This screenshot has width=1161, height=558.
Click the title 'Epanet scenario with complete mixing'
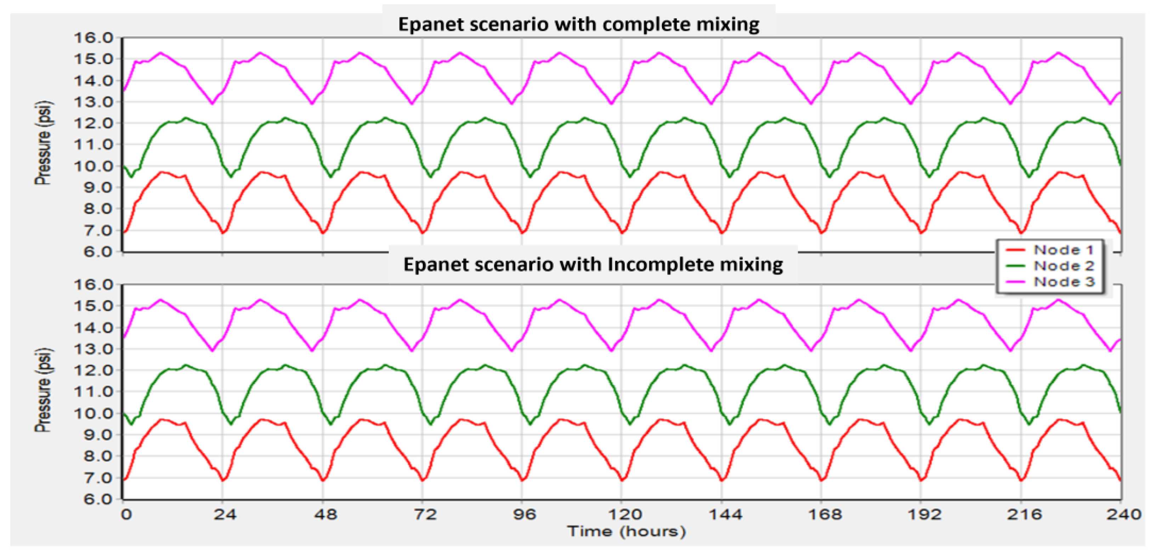point(579,24)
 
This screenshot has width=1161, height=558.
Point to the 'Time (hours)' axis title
point(627,531)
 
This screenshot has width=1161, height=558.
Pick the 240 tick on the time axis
point(1123,514)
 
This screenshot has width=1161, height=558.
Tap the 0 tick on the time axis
point(126,514)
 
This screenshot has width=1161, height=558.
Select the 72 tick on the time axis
point(425,514)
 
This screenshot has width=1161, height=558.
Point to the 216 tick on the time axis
point(1024,514)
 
